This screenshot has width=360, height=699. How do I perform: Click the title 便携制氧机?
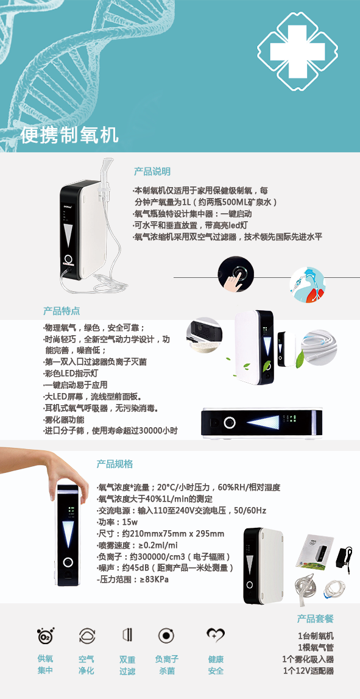click(69, 135)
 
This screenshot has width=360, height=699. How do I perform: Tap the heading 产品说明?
click(152, 172)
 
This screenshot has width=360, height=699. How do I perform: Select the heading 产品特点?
click(62, 311)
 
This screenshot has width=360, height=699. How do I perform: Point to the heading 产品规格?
click(115, 464)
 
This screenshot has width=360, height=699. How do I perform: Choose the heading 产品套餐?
click(316, 619)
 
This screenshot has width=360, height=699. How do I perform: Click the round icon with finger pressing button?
click(236, 274)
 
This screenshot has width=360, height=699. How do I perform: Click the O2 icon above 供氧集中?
click(46, 635)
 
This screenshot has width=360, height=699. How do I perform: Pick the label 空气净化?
click(86, 665)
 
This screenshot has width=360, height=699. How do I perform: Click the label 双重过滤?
click(127, 665)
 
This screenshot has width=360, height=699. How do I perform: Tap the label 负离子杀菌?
click(167, 665)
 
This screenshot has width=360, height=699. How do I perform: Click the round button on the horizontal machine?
click(230, 422)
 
